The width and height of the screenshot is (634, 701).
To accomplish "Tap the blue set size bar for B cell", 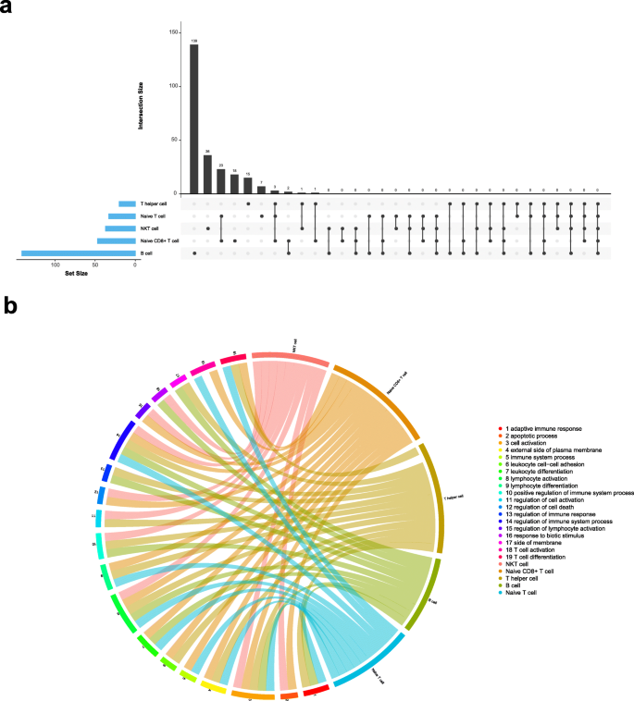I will pos(79,252).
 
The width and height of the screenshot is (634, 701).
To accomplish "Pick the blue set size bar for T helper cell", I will pos(127,203).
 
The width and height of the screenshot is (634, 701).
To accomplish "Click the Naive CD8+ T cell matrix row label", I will pos(158,240).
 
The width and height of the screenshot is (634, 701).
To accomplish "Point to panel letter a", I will pos(7,8).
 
